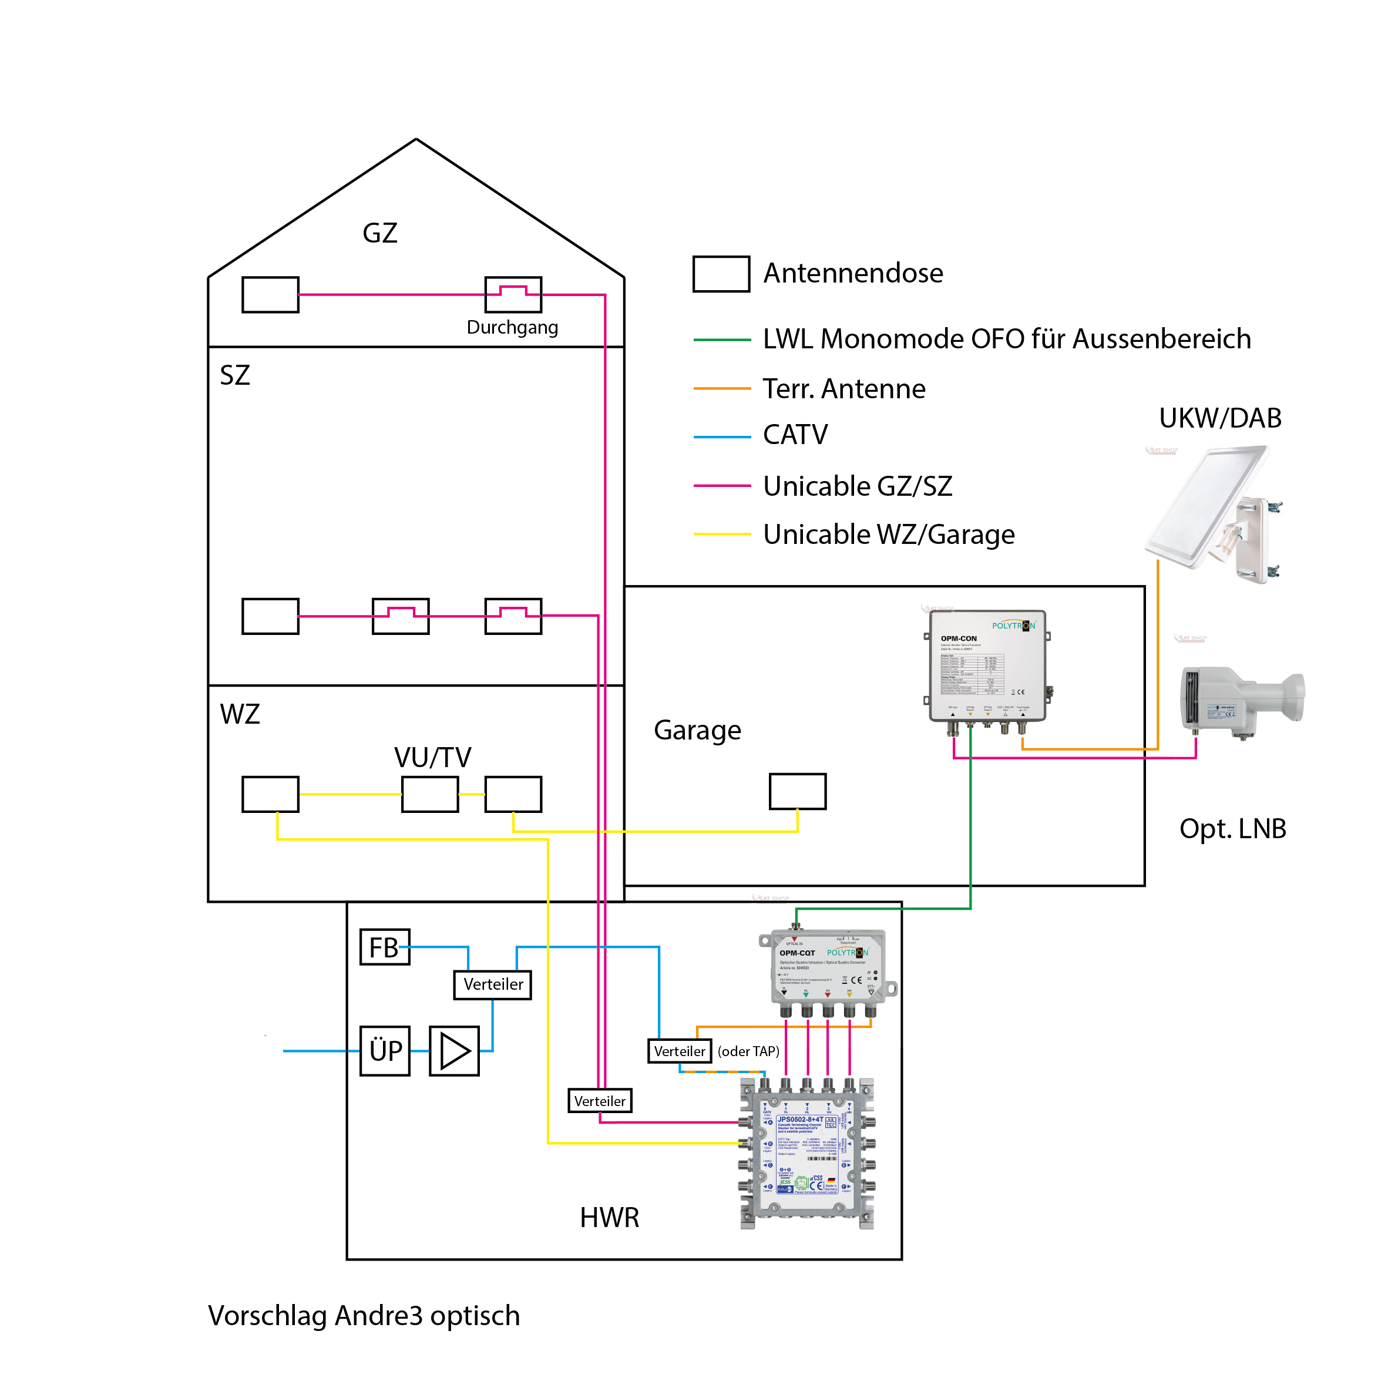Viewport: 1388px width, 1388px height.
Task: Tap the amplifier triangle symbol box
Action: click(x=454, y=1050)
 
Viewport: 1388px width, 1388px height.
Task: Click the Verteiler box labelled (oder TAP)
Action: click(x=680, y=1051)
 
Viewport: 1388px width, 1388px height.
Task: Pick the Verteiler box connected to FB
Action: click(x=493, y=984)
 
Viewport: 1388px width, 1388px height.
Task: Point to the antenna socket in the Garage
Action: click(x=798, y=791)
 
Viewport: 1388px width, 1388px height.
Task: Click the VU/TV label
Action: click(x=432, y=757)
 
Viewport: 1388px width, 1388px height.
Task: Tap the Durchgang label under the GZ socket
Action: click(x=512, y=328)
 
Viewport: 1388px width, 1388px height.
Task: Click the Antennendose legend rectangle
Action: click(x=721, y=274)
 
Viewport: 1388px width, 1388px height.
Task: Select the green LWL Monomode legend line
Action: click(x=721, y=339)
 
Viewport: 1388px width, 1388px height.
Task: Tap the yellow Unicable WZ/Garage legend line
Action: click(x=721, y=535)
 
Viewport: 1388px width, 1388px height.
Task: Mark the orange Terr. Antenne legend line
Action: click(x=721, y=389)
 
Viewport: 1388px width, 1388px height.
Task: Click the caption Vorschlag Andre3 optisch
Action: click(x=364, y=1315)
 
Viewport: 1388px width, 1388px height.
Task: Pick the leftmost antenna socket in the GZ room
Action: click(x=270, y=294)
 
